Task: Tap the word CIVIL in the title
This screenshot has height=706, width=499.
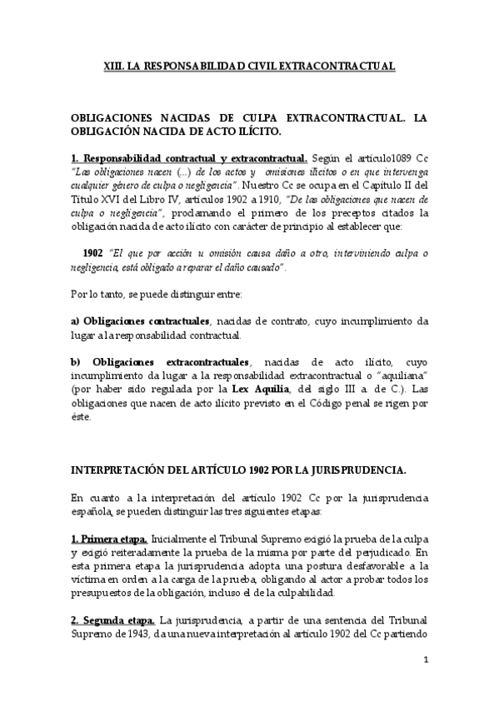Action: (x=260, y=64)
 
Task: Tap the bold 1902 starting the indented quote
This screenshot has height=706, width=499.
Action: (x=92, y=253)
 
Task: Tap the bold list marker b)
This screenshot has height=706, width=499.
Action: (x=76, y=361)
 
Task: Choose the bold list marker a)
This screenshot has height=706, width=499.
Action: (x=75, y=321)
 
